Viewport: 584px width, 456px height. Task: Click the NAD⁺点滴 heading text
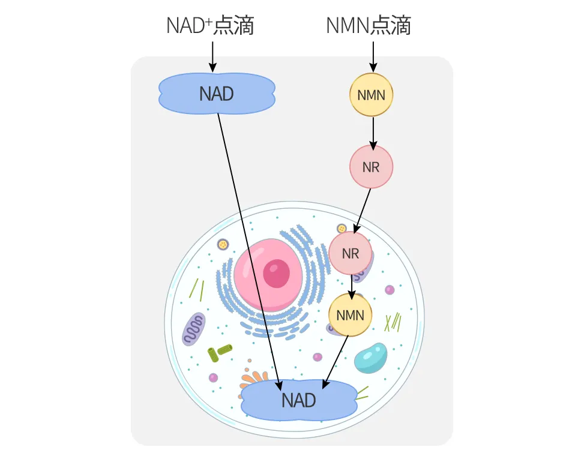click(210, 26)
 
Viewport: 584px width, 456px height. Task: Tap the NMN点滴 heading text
click(369, 26)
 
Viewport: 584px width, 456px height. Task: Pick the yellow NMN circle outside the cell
click(372, 94)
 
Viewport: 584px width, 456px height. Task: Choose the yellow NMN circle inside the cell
click(351, 314)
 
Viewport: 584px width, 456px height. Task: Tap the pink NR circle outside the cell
click(372, 167)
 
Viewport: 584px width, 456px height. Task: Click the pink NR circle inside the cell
click(351, 253)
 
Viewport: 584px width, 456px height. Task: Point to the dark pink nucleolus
click(276, 274)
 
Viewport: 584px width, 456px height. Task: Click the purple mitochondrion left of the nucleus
click(193, 329)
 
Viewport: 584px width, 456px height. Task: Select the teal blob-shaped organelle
click(370, 358)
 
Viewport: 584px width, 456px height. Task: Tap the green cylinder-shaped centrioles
click(220, 353)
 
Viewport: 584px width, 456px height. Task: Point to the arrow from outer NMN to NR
click(373, 132)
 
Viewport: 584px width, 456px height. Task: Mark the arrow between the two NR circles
click(363, 211)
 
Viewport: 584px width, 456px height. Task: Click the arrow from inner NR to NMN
click(351, 284)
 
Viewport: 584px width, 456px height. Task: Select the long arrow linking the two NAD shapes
click(247, 246)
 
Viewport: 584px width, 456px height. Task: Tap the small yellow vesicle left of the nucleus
click(223, 245)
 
